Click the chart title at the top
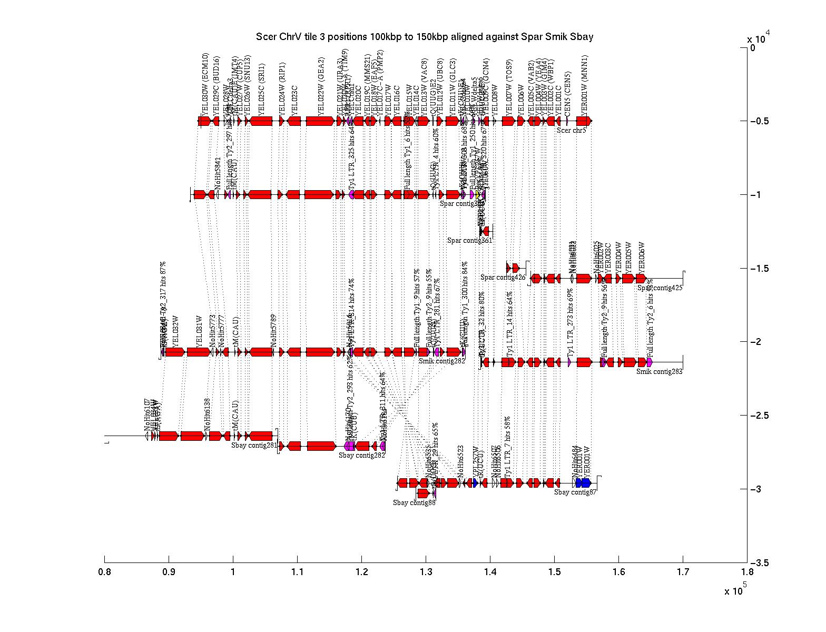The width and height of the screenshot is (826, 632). pyautogui.click(x=425, y=37)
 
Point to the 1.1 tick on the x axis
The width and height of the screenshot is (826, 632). pyautogui.click(x=297, y=559)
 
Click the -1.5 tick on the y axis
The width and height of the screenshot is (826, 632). pyautogui.click(x=743, y=268)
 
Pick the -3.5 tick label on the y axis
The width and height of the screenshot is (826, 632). pyautogui.click(x=759, y=563)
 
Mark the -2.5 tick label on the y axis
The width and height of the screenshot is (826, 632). pyautogui.click(x=759, y=416)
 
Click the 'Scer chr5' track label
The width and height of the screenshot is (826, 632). pyautogui.click(x=572, y=130)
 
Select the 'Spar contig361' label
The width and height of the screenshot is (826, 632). pyautogui.click(x=469, y=241)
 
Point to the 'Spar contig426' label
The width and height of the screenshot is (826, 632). pyautogui.click(x=503, y=277)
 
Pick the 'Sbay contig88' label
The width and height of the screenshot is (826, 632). pyautogui.click(x=414, y=502)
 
